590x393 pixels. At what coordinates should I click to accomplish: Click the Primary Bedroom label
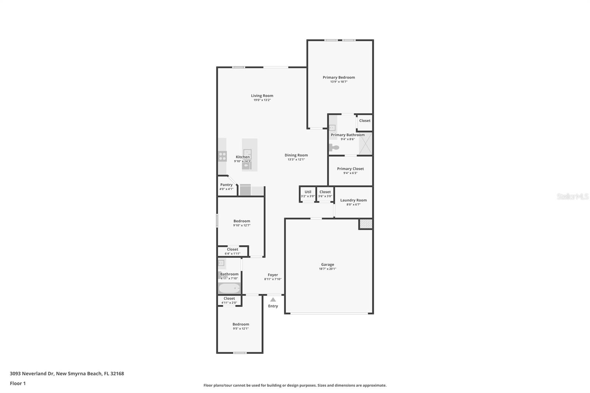(x=339, y=77)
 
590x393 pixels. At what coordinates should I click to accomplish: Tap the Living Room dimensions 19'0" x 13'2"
(x=262, y=100)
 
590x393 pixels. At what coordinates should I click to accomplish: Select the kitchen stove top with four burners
(x=222, y=156)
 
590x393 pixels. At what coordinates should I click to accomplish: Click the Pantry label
(x=226, y=185)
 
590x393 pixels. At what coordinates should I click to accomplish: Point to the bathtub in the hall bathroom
(x=229, y=288)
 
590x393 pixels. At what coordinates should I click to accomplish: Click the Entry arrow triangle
(x=273, y=299)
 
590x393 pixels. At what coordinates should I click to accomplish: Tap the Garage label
(x=327, y=264)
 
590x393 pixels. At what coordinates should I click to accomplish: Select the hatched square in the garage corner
(x=366, y=224)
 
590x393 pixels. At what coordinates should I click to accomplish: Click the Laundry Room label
(x=353, y=200)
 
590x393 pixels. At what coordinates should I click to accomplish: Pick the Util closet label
(x=308, y=192)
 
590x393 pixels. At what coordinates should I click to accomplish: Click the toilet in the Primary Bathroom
(x=334, y=148)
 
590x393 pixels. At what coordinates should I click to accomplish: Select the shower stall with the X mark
(x=365, y=143)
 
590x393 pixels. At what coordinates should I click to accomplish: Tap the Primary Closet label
(x=350, y=168)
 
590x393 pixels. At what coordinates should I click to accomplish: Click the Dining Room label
(x=296, y=155)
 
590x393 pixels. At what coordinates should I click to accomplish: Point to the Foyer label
(x=273, y=275)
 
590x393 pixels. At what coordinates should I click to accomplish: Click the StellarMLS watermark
(x=572, y=196)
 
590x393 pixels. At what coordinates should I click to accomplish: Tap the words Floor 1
(x=18, y=383)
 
